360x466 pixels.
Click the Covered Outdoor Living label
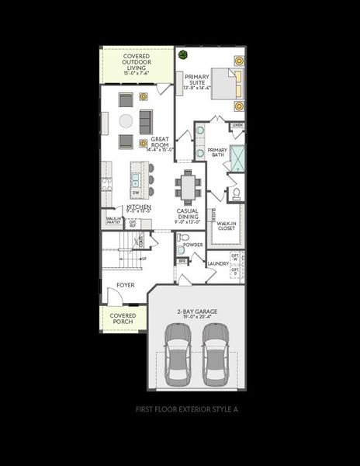tap(137, 64)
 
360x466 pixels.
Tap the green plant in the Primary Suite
tap(184, 55)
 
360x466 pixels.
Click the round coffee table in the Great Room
tap(126, 121)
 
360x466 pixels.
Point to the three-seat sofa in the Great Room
tap(144, 120)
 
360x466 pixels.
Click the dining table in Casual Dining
tap(188, 186)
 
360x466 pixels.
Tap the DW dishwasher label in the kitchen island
tap(135, 193)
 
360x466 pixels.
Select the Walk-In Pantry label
tap(113, 221)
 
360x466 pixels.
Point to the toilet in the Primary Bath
tap(234, 193)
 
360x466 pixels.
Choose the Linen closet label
tap(237, 126)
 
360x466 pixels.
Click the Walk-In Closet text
tap(227, 225)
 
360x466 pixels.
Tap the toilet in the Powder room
tap(180, 250)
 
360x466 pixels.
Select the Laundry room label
tap(218, 263)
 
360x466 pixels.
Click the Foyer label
tap(125, 285)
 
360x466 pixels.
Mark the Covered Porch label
tap(123, 318)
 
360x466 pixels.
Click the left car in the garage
tap(178, 353)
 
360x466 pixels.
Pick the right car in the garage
tap(215, 353)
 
